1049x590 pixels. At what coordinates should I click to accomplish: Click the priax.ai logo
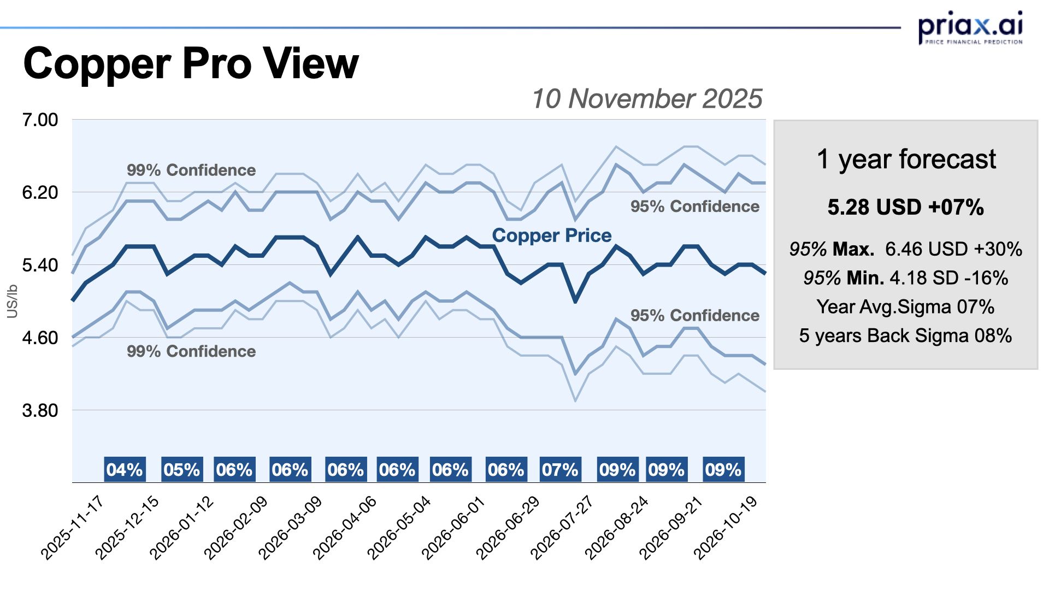coord(970,27)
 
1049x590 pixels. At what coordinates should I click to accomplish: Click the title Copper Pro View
coord(191,64)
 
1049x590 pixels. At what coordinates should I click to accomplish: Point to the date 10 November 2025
coord(646,99)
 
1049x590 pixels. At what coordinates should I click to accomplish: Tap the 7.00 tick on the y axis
coord(40,120)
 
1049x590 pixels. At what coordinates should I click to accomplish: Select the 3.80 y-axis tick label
coord(40,410)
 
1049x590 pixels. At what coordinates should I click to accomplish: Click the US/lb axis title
coord(12,301)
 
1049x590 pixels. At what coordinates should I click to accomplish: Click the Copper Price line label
coord(551,235)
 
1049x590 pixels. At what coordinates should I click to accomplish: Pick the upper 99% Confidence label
coord(191,170)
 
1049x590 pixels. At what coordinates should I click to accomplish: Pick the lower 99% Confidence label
coord(191,351)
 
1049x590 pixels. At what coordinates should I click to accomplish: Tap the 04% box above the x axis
coord(125,470)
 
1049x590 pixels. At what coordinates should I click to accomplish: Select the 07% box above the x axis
coord(560,470)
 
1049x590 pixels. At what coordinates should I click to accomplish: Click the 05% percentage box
coord(182,470)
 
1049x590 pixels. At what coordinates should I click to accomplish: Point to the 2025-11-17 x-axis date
coord(73,528)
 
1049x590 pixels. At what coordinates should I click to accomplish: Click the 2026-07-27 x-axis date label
coord(562,528)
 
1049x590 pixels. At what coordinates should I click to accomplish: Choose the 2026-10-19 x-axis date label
coord(726,528)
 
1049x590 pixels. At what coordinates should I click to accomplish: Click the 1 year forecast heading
coord(906,160)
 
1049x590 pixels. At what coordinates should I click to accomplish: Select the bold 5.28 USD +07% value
coord(905,208)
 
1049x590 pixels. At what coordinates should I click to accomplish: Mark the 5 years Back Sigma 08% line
coord(905,335)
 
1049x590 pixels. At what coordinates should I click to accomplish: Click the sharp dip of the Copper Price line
coord(575,301)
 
